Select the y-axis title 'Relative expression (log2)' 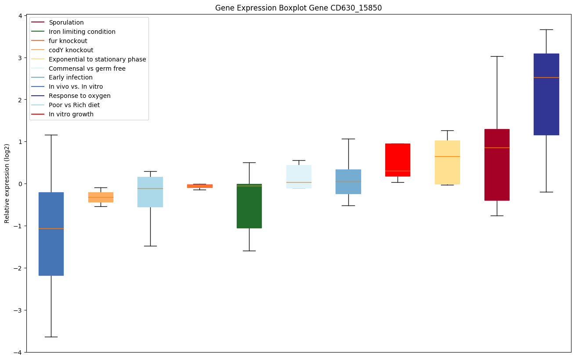tap(7, 184)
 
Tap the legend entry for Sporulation tap(66, 22)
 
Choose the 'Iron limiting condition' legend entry tap(82, 32)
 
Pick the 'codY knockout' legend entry tap(71, 50)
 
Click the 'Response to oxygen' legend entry tap(80, 96)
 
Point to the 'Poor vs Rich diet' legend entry tap(74, 105)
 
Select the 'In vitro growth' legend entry tap(71, 114)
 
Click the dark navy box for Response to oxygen tap(546, 94)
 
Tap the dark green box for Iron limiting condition tap(249, 206)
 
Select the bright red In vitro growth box tap(398, 160)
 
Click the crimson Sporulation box tap(497, 165)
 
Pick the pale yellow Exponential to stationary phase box tap(447, 162)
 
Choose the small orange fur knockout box tap(199, 186)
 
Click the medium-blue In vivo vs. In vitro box tap(51, 234)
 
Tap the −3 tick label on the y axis tap(18, 310)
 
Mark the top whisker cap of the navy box tap(546, 29)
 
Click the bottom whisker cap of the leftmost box tap(51, 337)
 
